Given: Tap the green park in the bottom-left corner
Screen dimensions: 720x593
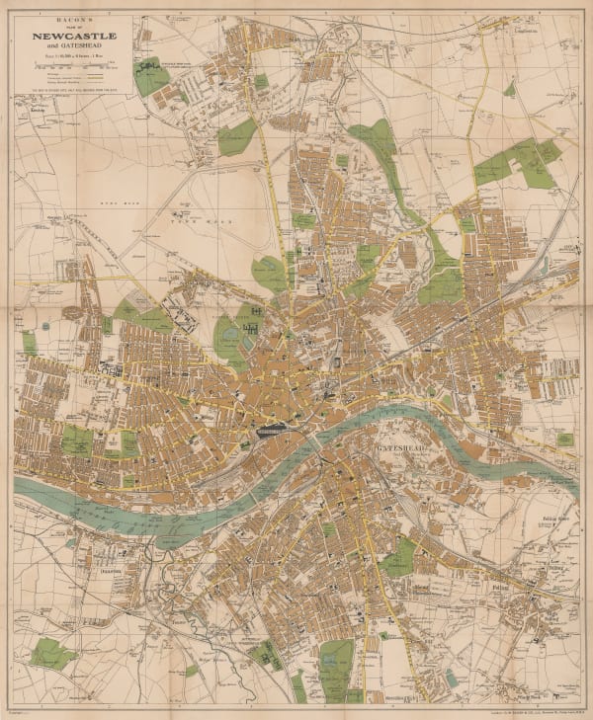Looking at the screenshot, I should click(x=50, y=653).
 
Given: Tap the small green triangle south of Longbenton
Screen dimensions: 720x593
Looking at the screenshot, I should click(x=509, y=89).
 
